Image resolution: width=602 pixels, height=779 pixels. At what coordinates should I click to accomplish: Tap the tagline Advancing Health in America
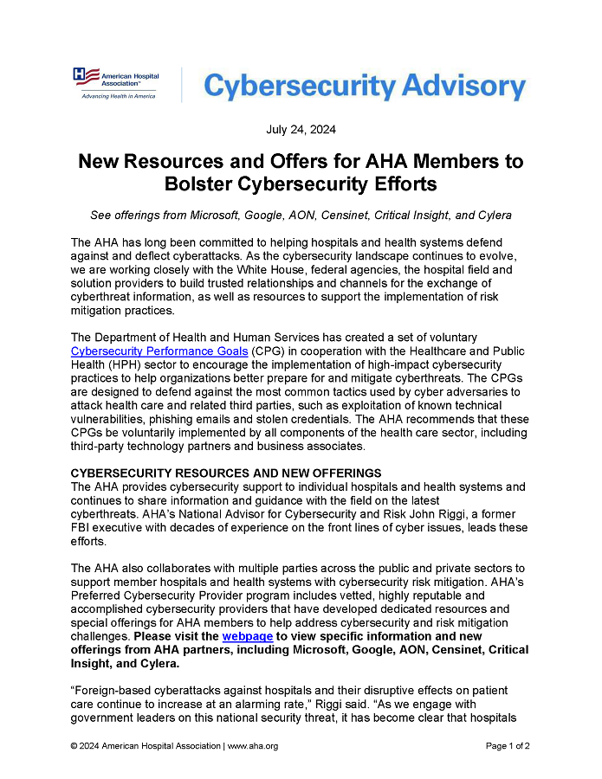click(118, 96)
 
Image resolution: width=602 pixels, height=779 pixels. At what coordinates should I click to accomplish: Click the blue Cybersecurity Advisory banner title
click(364, 87)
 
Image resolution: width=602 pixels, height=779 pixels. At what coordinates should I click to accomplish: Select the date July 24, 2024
click(301, 130)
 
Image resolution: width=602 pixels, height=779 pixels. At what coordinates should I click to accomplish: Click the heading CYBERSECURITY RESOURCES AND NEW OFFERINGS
click(225, 473)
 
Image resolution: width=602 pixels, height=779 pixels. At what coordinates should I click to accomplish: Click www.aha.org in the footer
click(253, 746)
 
